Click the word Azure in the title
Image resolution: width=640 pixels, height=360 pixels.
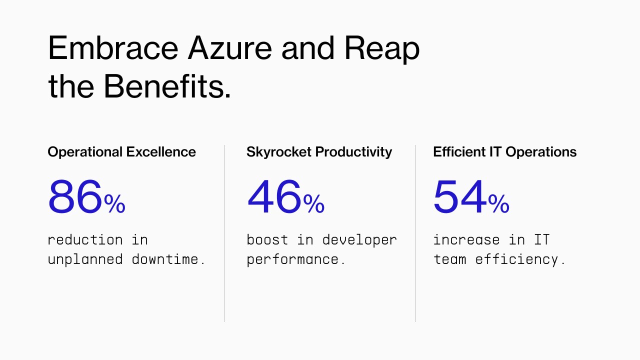click(x=229, y=48)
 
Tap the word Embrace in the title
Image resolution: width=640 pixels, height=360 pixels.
click(x=113, y=48)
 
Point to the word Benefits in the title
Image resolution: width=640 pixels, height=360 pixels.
click(x=167, y=86)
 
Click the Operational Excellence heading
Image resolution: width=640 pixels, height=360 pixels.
click(x=121, y=152)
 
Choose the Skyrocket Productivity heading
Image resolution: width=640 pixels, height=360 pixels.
click(x=319, y=152)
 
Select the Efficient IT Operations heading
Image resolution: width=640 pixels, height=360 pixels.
click(x=504, y=152)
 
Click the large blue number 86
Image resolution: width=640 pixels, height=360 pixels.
click(x=75, y=197)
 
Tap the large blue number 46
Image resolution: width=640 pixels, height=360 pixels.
click(x=274, y=197)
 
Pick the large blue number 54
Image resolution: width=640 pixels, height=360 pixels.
click(x=459, y=197)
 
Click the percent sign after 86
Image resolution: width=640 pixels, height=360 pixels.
click(x=114, y=204)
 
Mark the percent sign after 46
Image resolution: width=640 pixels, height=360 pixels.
click(x=314, y=204)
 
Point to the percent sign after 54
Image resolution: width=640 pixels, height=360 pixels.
click(x=498, y=204)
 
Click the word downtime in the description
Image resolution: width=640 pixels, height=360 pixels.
click(x=168, y=259)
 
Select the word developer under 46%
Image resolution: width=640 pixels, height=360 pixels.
click(x=359, y=240)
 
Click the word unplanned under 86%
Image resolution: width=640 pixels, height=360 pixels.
click(x=85, y=259)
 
